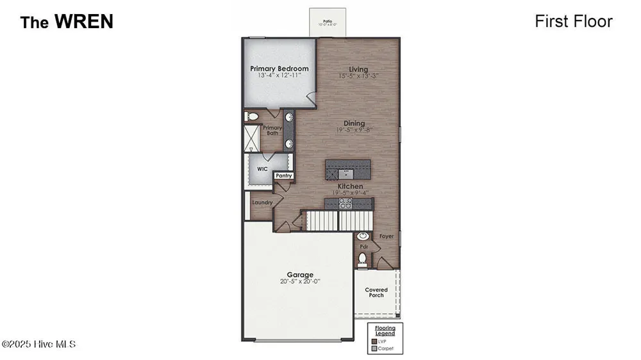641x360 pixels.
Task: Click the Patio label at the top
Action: pos(328,21)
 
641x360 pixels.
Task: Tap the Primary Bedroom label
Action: pos(279,69)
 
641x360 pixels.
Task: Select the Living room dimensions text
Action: pos(358,76)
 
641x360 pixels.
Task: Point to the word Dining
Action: pos(354,123)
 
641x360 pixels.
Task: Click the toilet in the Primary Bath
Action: pos(252,117)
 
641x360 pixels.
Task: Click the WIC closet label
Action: pos(262,169)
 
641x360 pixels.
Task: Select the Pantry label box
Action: pos(283,176)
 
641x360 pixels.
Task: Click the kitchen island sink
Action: pos(347,172)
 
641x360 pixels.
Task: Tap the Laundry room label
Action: pos(262,202)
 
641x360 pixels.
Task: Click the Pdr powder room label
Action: pos(363,246)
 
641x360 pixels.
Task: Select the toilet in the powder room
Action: pos(362,259)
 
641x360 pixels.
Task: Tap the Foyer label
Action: pos(387,236)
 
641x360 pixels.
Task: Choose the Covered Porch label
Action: pos(376,292)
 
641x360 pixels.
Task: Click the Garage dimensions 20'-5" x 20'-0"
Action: pos(299,281)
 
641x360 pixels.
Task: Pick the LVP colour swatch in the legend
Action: pos(374,341)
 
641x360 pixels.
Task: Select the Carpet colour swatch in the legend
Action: pos(374,348)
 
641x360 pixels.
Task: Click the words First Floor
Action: pos(574,21)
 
